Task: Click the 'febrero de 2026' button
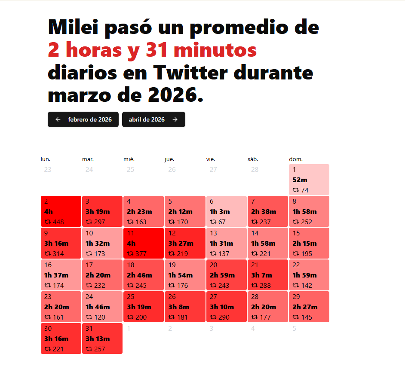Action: tap(83, 119)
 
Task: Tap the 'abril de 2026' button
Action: tap(153, 119)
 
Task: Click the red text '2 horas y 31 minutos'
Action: tap(152, 50)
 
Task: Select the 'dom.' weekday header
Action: tap(296, 159)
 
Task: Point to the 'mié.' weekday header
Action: tap(129, 159)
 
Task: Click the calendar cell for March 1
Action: tap(309, 180)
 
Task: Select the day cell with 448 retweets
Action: tap(61, 211)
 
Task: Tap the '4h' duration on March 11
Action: tap(132, 244)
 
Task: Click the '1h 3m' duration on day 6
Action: tap(220, 212)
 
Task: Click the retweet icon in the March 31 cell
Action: tap(89, 349)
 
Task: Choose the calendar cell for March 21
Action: tap(268, 275)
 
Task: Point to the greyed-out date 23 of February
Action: tap(48, 170)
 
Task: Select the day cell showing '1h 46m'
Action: tap(102, 307)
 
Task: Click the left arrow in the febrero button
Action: tap(58, 119)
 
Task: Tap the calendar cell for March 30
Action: tap(61, 338)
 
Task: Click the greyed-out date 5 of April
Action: tap(294, 329)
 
